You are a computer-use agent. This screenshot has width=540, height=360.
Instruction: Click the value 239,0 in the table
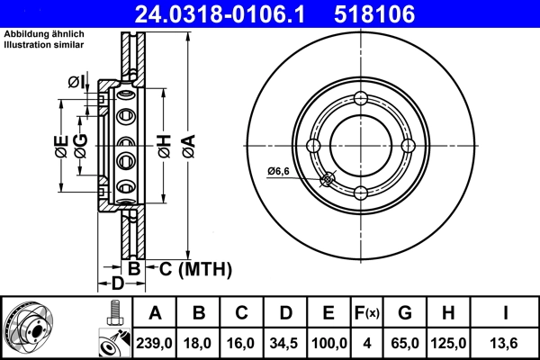click(x=155, y=343)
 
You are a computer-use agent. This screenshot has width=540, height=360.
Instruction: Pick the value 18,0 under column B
click(x=199, y=343)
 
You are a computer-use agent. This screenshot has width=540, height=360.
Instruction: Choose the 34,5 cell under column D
click(x=285, y=343)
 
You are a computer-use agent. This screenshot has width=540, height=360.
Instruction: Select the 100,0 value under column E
click(x=328, y=343)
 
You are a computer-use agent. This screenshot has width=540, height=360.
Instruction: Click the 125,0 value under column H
click(x=447, y=343)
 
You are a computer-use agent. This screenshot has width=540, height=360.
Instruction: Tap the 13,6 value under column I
click(x=507, y=343)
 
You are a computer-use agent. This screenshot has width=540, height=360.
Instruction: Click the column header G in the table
click(x=404, y=313)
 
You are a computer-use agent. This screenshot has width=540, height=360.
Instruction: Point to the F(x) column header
click(x=365, y=313)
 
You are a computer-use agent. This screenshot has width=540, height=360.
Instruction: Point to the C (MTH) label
click(x=195, y=268)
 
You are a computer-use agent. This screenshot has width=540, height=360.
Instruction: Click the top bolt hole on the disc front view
click(x=360, y=99)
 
